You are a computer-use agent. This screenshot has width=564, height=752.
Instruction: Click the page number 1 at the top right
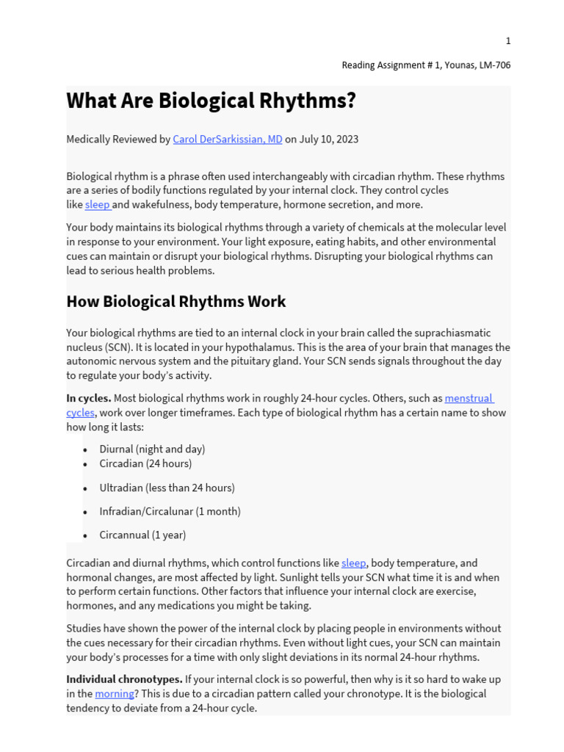pyautogui.click(x=507, y=41)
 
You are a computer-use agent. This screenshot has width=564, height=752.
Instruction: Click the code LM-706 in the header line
pyautogui.click(x=493, y=65)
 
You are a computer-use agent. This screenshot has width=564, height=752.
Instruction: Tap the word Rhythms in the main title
pyautogui.click(x=302, y=101)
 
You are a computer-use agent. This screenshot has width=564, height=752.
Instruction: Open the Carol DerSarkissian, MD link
pyautogui.click(x=227, y=139)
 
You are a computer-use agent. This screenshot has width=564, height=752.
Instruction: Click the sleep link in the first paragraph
pyautogui.click(x=97, y=205)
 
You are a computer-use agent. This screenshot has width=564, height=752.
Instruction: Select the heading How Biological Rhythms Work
pyautogui.click(x=176, y=302)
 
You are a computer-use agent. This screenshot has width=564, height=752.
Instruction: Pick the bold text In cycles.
pyautogui.click(x=89, y=399)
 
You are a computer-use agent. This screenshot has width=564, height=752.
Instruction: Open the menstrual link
pyautogui.click(x=469, y=399)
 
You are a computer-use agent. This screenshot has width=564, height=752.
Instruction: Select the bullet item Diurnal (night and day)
pyautogui.click(x=152, y=449)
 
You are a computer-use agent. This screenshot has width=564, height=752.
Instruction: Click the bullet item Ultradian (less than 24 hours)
pyautogui.click(x=167, y=488)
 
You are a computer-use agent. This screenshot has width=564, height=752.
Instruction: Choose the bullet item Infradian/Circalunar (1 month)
pyautogui.click(x=170, y=511)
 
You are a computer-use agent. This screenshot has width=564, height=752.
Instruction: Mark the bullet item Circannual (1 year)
pyautogui.click(x=142, y=535)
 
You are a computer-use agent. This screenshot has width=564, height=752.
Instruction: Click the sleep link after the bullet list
pyautogui.click(x=353, y=563)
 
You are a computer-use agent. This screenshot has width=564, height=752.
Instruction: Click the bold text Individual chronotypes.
pyautogui.click(x=124, y=679)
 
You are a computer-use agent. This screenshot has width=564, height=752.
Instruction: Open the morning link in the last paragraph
pyautogui.click(x=114, y=694)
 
